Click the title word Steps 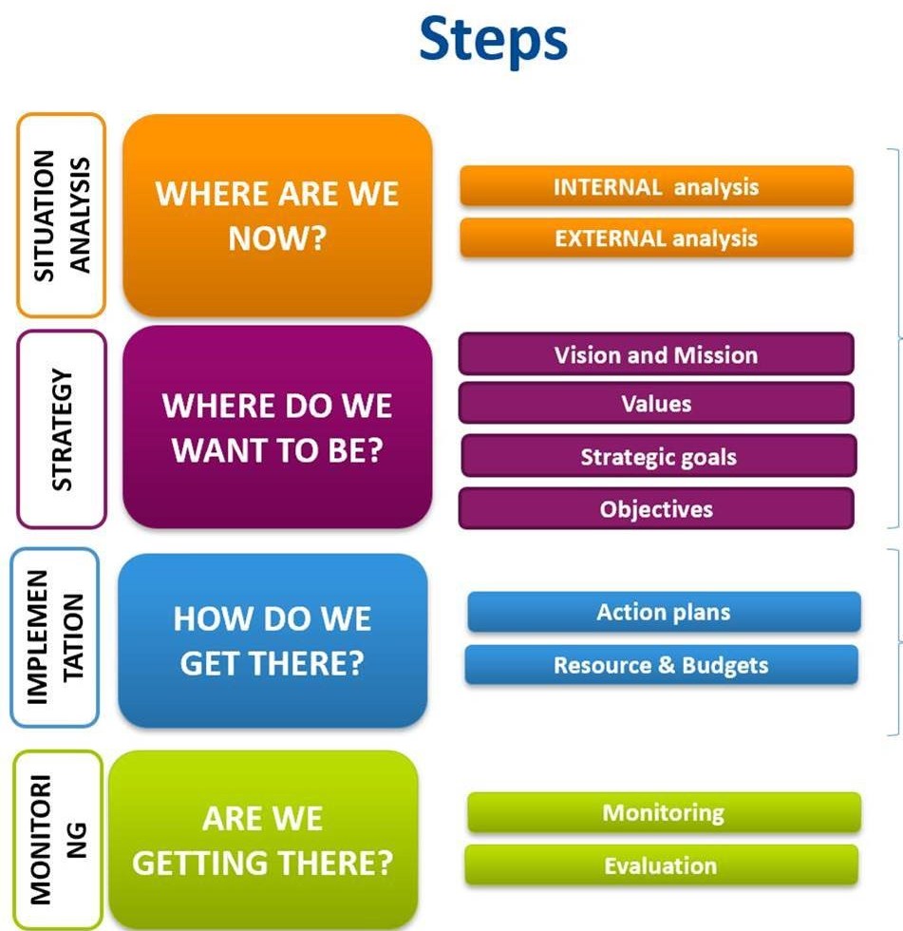tap(493, 40)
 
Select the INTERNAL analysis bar tap(656, 186)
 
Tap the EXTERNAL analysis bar tap(656, 237)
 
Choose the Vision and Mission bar tap(656, 355)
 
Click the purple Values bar tap(656, 404)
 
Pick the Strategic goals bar tap(658, 457)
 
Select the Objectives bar tap(656, 509)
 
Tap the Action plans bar tap(663, 613)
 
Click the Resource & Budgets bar tap(661, 665)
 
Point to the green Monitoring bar tap(663, 813)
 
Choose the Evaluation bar tap(661, 865)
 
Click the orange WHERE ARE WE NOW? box tap(277, 216)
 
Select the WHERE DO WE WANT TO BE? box tap(277, 427)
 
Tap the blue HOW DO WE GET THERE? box tap(273, 641)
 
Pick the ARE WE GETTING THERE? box tap(263, 840)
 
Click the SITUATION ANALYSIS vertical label tap(61, 216)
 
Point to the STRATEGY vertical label tap(61, 429)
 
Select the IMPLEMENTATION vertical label tap(54, 636)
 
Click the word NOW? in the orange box tap(277, 238)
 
